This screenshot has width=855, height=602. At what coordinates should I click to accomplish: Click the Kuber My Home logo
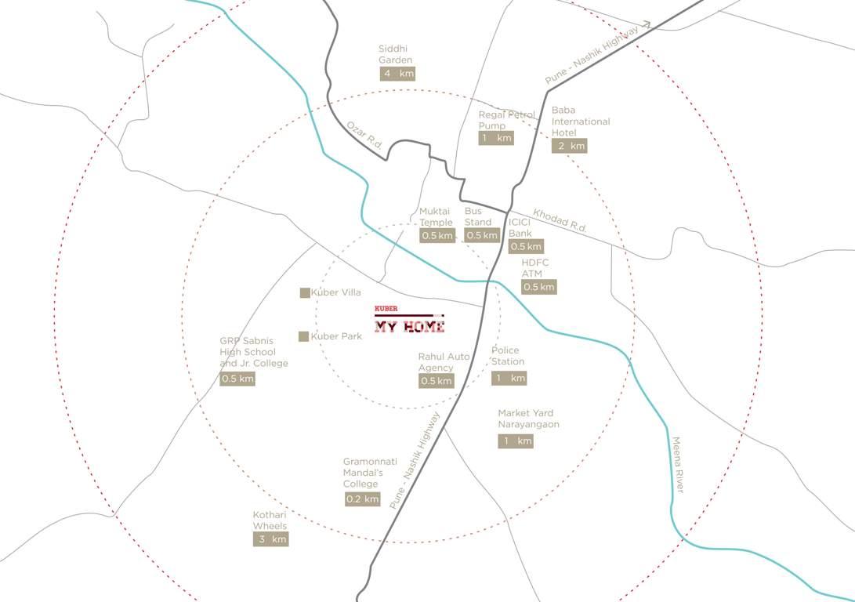coord(409,320)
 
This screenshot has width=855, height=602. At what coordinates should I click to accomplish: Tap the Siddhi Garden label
coord(395,54)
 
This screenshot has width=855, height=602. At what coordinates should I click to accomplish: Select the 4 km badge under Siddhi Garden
coord(397,74)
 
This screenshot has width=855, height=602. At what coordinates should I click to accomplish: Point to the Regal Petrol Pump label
coord(506,120)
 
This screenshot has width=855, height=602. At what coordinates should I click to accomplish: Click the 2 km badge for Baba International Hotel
coord(569,146)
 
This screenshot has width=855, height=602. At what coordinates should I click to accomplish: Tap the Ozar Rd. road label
coord(364,136)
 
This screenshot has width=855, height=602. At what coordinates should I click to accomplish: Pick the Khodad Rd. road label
coord(560,220)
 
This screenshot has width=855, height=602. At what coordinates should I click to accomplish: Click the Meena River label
coord(678,465)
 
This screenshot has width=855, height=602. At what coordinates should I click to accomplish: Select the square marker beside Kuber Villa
coord(305,293)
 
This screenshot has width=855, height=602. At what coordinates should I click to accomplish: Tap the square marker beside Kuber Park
coord(304,336)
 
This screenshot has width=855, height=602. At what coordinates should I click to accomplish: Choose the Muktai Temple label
coord(436,217)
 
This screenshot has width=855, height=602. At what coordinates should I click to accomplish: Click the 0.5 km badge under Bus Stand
coord(482,235)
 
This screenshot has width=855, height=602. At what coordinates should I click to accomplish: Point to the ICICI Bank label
coord(520,228)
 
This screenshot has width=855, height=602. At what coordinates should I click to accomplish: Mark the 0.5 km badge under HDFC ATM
coord(539,287)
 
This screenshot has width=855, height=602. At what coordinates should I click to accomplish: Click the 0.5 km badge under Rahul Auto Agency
coord(437,381)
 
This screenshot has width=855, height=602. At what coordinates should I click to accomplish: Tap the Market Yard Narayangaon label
coord(528,419)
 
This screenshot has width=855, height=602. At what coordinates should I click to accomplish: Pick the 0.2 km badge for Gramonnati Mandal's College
coord(362,499)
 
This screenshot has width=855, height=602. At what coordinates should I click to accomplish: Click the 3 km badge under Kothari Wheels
coord(270,539)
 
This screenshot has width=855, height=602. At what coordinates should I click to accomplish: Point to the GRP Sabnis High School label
coord(253,352)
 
